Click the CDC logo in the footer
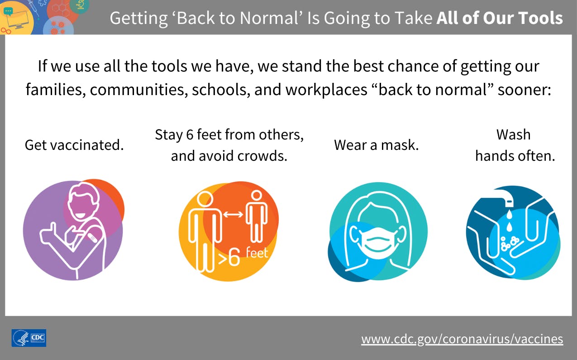click(x=29, y=338)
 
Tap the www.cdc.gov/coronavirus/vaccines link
click(x=462, y=339)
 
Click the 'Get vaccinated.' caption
click(x=74, y=145)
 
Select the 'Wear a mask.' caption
click(x=377, y=145)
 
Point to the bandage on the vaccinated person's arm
click(x=92, y=238)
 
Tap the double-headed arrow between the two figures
click(x=233, y=214)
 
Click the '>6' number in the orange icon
click(x=229, y=258)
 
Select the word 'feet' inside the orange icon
click(x=257, y=253)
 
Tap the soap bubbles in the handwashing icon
click(x=509, y=243)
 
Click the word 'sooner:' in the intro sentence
click(x=524, y=90)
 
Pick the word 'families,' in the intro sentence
click(x=56, y=90)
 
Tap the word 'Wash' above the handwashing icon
click(x=514, y=134)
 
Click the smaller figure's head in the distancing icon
click(x=257, y=195)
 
